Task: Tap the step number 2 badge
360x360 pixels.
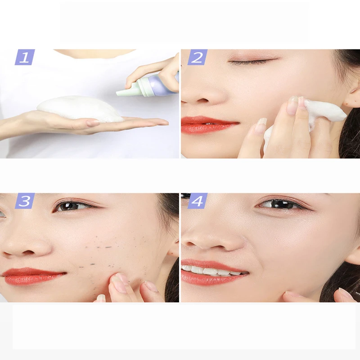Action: point(197,57)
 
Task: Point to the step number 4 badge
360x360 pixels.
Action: point(197,201)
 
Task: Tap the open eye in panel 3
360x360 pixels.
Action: point(72,206)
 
